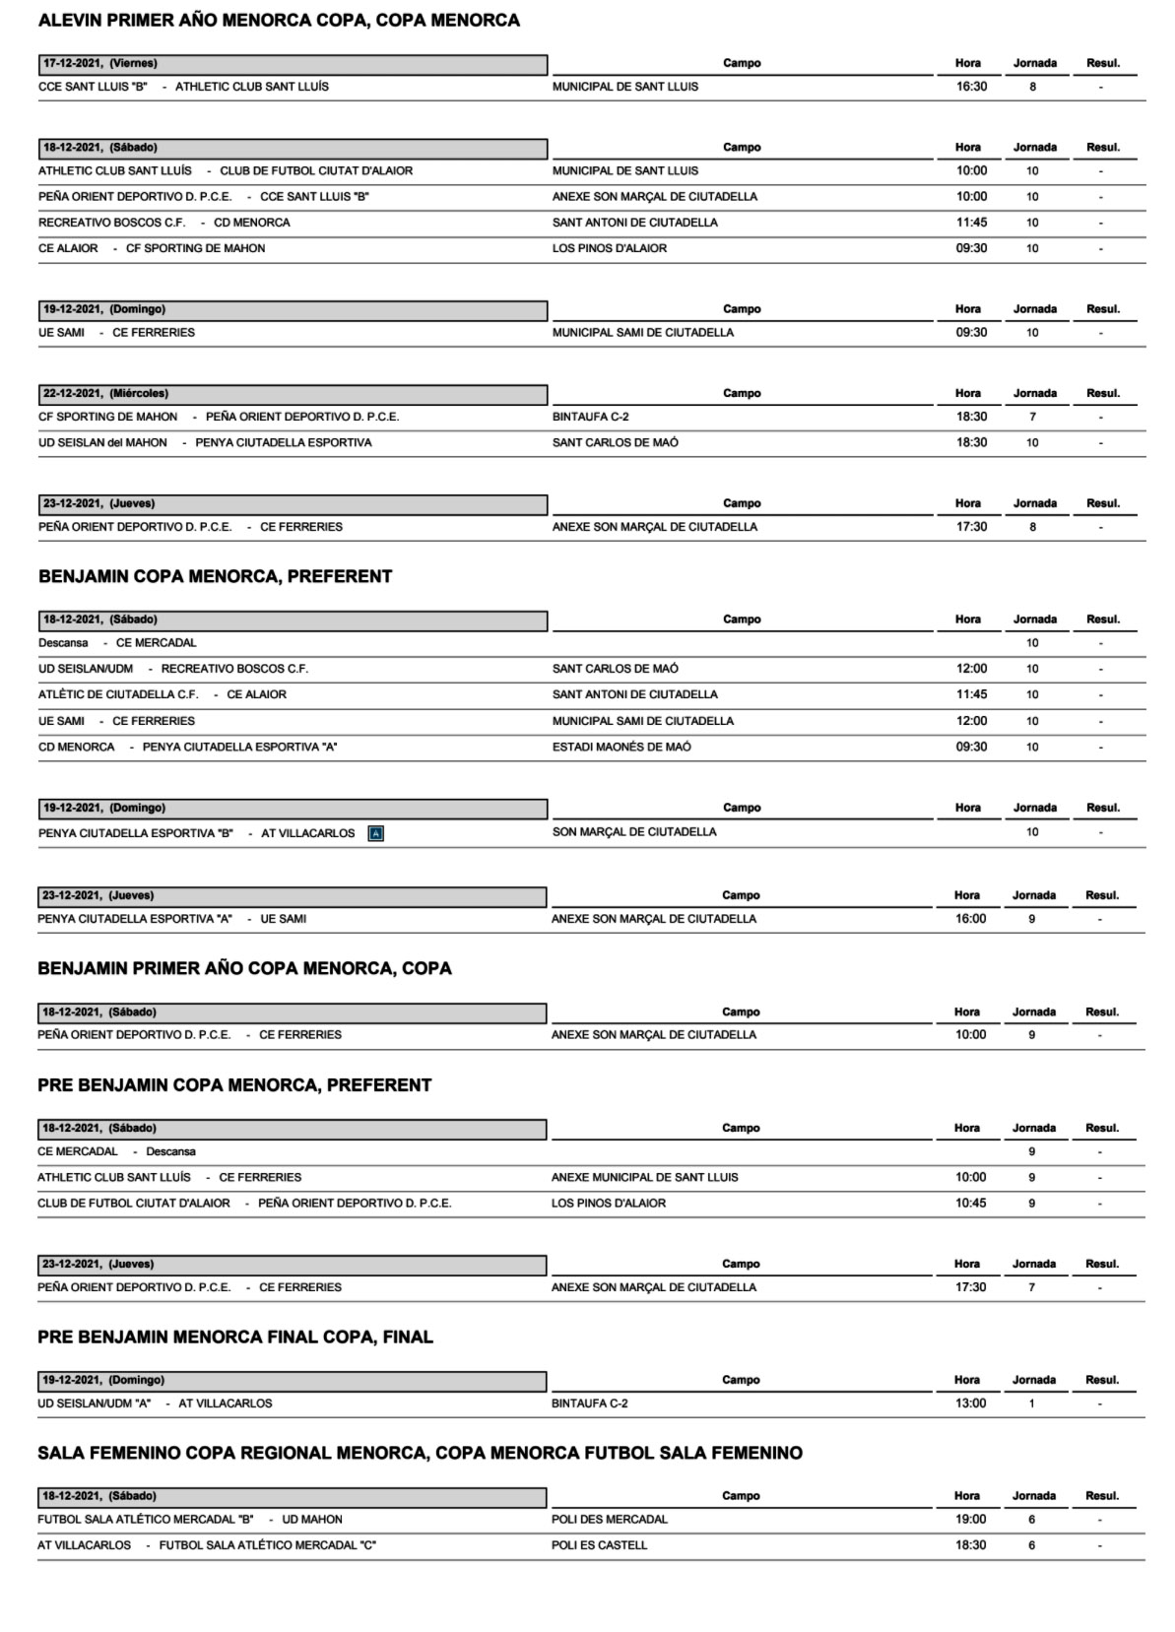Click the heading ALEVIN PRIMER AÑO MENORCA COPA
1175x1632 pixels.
279,21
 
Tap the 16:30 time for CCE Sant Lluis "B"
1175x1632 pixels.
971,87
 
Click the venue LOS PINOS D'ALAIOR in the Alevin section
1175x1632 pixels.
610,248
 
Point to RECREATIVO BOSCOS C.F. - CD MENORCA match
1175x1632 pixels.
163,223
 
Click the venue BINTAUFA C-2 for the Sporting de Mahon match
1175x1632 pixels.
591,417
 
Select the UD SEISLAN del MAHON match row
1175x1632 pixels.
205,443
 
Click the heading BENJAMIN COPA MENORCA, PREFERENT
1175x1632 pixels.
215,577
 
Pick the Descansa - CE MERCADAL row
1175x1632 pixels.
117,643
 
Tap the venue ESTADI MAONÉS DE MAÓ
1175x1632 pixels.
621,747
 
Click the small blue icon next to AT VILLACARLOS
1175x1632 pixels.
375,833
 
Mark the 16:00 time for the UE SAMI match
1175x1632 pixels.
970,919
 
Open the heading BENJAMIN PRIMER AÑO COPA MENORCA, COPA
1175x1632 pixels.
244,969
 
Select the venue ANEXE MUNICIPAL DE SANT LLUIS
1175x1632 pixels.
644,1177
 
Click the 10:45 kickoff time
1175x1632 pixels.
970,1204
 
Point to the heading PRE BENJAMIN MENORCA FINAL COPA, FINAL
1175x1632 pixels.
235,1338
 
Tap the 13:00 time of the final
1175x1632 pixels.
970,1404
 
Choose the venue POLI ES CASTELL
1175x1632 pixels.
599,1545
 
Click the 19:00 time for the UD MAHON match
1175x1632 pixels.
970,1520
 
